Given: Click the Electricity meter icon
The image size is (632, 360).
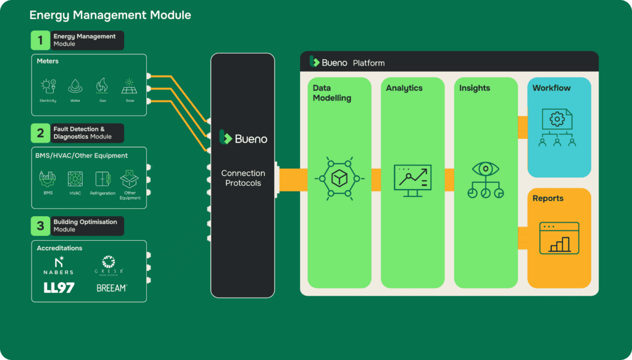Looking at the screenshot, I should (x=48, y=86).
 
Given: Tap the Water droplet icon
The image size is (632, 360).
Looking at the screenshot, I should (x=75, y=86).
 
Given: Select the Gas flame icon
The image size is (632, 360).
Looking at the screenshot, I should (x=102, y=86).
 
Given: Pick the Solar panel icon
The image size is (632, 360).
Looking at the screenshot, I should (x=129, y=86).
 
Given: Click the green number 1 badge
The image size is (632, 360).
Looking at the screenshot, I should (x=40, y=41).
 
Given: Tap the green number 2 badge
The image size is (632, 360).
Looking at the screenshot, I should (x=40, y=133).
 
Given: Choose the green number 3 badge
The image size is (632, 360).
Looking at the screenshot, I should (x=40, y=225).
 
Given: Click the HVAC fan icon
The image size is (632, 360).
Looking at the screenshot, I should (x=75, y=179).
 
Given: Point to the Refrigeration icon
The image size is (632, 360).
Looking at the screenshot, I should (x=102, y=179).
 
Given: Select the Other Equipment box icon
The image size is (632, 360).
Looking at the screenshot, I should (x=130, y=179).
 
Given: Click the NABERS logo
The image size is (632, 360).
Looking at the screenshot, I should (x=59, y=265).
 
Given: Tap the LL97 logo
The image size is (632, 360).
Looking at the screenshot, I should (x=59, y=288).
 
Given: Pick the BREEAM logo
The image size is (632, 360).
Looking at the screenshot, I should (x=111, y=288).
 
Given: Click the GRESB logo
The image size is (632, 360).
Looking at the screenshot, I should (x=109, y=265).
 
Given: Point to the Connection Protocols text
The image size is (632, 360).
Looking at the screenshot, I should (x=243, y=178).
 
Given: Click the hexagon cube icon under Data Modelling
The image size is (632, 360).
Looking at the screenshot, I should (x=339, y=178).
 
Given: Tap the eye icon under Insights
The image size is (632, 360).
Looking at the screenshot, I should (x=485, y=170).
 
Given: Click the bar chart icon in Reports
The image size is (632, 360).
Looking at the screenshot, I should (x=559, y=238).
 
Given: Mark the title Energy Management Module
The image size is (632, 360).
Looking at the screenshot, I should (x=110, y=15).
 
